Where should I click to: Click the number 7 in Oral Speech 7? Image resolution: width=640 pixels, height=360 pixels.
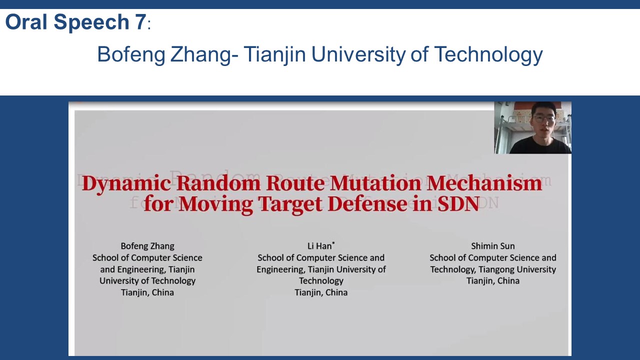[140, 22]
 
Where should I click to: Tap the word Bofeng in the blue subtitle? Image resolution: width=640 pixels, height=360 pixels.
[131, 55]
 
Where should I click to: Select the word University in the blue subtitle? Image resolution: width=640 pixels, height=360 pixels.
[358, 55]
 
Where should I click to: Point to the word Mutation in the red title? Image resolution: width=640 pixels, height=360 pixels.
[375, 183]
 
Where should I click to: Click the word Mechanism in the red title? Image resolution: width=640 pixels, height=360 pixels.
[484, 183]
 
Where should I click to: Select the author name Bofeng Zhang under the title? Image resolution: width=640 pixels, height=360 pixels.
[147, 246]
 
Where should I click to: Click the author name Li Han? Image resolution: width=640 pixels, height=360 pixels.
[319, 246]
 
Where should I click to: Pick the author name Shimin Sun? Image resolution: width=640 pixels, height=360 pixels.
[493, 246]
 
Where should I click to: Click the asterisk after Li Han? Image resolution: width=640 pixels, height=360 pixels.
[333, 243]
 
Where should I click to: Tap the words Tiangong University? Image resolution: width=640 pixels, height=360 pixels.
[517, 269]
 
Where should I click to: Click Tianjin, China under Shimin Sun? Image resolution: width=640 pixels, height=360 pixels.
[493, 281]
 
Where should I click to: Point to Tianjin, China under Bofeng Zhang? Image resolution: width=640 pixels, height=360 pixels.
[147, 292]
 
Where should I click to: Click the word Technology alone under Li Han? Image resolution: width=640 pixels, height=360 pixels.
[321, 281]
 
